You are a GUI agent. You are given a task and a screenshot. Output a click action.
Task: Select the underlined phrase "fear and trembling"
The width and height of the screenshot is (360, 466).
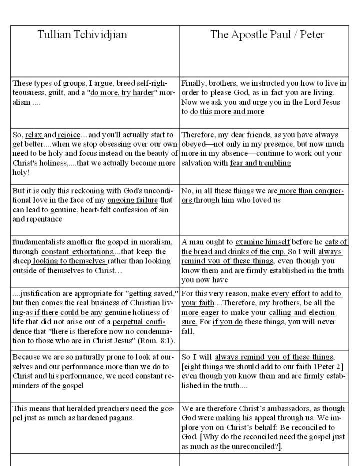(x=260, y=163)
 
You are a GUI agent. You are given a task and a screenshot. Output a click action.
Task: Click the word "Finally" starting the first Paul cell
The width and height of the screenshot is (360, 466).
(x=193, y=84)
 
